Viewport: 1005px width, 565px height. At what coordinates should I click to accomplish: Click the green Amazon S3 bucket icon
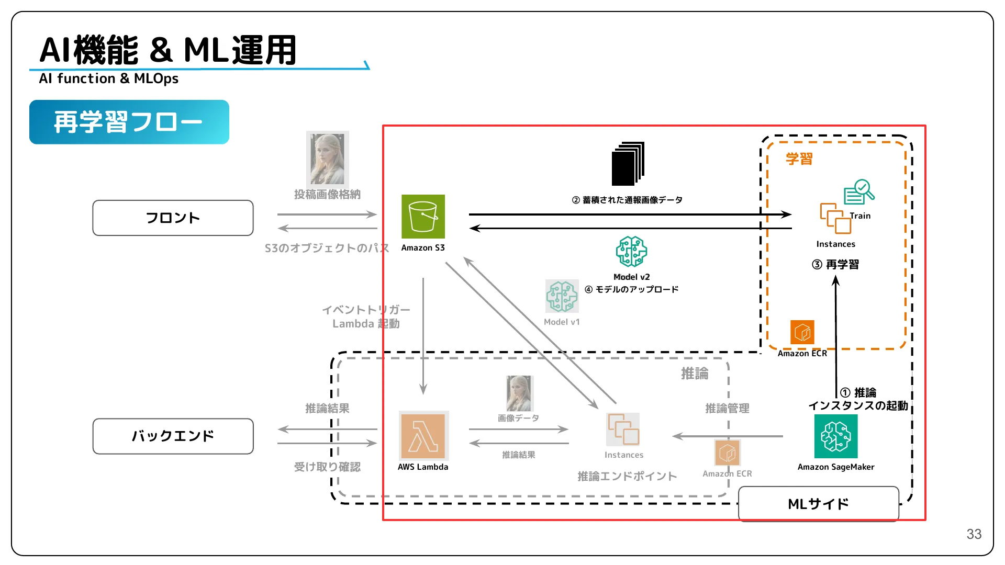pyautogui.click(x=423, y=217)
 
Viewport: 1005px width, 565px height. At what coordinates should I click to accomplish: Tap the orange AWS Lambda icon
pyautogui.click(x=423, y=436)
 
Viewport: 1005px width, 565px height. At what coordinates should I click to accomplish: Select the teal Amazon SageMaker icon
pyautogui.click(x=836, y=436)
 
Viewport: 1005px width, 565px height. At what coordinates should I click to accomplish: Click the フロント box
pyautogui.click(x=173, y=218)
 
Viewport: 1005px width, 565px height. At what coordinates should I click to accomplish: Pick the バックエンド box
pyautogui.click(x=173, y=436)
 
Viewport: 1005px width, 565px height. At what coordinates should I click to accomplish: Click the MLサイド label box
pyautogui.click(x=818, y=504)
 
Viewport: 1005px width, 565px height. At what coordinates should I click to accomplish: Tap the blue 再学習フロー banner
pyautogui.click(x=129, y=122)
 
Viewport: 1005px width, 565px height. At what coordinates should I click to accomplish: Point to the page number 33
pyautogui.click(x=974, y=534)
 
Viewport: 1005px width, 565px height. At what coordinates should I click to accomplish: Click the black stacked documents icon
pyautogui.click(x=628, y=164)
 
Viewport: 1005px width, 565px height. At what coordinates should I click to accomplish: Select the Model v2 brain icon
pyautogui.click(x=631, y=252)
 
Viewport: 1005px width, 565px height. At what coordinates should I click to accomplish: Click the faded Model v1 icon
pyautogui.click(x=562, y=296)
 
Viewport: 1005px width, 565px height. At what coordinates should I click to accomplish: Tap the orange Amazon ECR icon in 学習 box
pyautogui.click(x=802, y=332)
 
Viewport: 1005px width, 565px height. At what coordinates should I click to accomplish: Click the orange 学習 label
pyautogui.click(x=799, y=159)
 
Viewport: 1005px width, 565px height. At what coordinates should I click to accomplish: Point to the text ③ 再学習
pyautogui.click(x=835, y=265)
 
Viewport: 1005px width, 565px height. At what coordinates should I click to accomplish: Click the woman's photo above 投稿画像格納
pyautogui.click(x=327, y=159)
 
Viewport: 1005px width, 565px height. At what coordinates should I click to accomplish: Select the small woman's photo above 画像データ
pyautogui.click(x=519, y=393)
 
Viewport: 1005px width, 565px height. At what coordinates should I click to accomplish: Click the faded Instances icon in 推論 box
pyautogui.click(x=623, y=430)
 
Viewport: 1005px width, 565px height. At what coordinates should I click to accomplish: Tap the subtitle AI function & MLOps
pyautogui.click(x=108, y=79)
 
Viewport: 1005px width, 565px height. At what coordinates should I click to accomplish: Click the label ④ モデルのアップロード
pyautogui.click(x=631, y=290)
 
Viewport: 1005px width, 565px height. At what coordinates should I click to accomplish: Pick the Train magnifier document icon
pyautogui.click(x=858, y=192)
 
